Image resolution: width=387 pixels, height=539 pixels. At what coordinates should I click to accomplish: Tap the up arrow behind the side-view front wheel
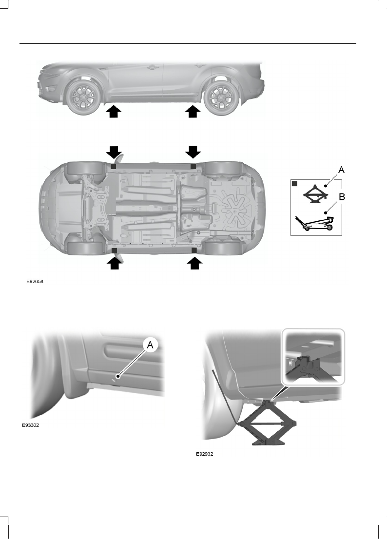(x=113, y=112)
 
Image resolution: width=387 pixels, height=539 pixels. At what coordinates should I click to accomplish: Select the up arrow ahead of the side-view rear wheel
(x=193, y=112)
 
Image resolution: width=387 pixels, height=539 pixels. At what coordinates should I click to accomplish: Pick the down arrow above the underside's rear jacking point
(x=193, y=152)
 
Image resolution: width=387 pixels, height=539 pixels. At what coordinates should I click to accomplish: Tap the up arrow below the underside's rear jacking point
(x=194, y=263)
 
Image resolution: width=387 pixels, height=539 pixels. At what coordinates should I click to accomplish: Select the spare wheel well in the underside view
(x=232, y=208)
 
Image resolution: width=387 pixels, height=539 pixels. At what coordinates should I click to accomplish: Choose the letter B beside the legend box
(x=342, y=198)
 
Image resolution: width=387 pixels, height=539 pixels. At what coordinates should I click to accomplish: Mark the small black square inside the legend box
(x=295, y=184)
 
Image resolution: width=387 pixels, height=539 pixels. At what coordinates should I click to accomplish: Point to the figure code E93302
(x=30, y=425)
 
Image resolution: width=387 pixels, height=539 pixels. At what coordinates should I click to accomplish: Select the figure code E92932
(x=205, y=454)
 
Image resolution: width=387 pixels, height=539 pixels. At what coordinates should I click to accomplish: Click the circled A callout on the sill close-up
(x=150, y=345)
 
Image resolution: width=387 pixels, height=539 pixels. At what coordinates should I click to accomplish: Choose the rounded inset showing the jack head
(x=313, y=357)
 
